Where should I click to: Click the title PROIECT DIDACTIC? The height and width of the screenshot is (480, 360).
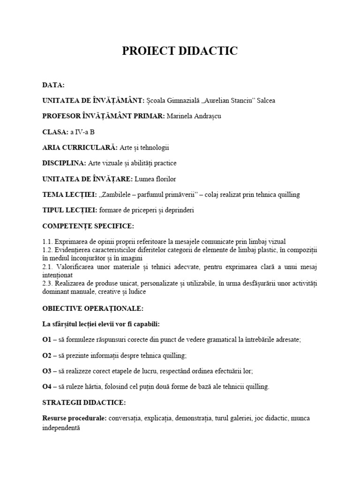click(x=180, y=52)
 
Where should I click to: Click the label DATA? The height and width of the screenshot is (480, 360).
click(x=53, y=85)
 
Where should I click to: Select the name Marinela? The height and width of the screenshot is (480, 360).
click(x=180, y=116)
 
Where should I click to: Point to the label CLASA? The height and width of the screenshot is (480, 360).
click(x=55, y=132)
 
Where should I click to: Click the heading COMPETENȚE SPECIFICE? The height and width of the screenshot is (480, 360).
click(x=88, y=226)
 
